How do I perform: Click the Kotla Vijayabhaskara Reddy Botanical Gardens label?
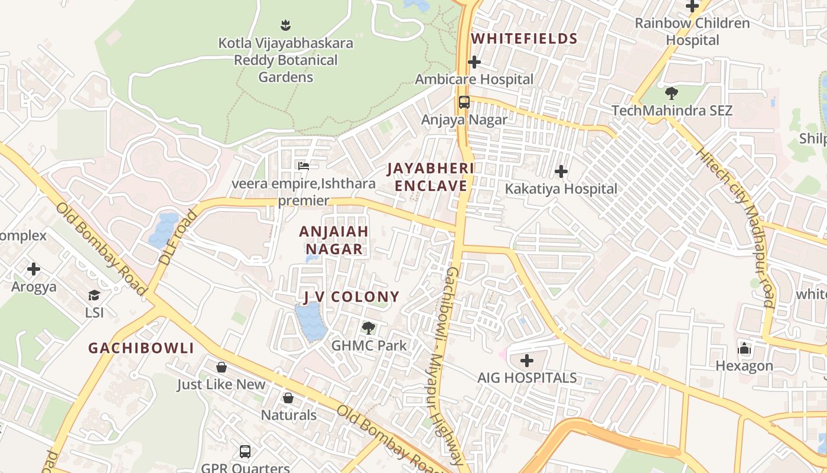(x=286, y=60)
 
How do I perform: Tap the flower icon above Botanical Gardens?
(x=286, y=25)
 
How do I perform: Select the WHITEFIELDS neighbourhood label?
(x=524, y=39)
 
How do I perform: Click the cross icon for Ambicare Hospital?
(x=474, y=62)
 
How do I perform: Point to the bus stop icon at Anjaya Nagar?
(x=464, y=102)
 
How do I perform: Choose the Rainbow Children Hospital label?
(x=692, y=32)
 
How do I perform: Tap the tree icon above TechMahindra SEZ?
(x=672, y=93)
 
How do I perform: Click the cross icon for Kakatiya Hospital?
(x=561, y=172)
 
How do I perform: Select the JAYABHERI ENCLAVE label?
(x=431, y=177)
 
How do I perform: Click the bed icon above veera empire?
(x=304, y=166)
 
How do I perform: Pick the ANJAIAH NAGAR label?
(x=334, y=240)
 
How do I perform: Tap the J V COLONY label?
(x=351, y=297)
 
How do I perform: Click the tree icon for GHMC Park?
(x=369, y=328)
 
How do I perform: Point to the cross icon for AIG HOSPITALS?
(x=527, y=360)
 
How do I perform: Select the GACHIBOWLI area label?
(x=141, y=348)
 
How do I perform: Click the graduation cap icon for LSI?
(x=94, y=295)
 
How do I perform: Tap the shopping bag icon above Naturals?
(x=288, y=398)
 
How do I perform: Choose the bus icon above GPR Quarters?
(x=245, y=452)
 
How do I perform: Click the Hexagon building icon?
(x=744, y=349)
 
